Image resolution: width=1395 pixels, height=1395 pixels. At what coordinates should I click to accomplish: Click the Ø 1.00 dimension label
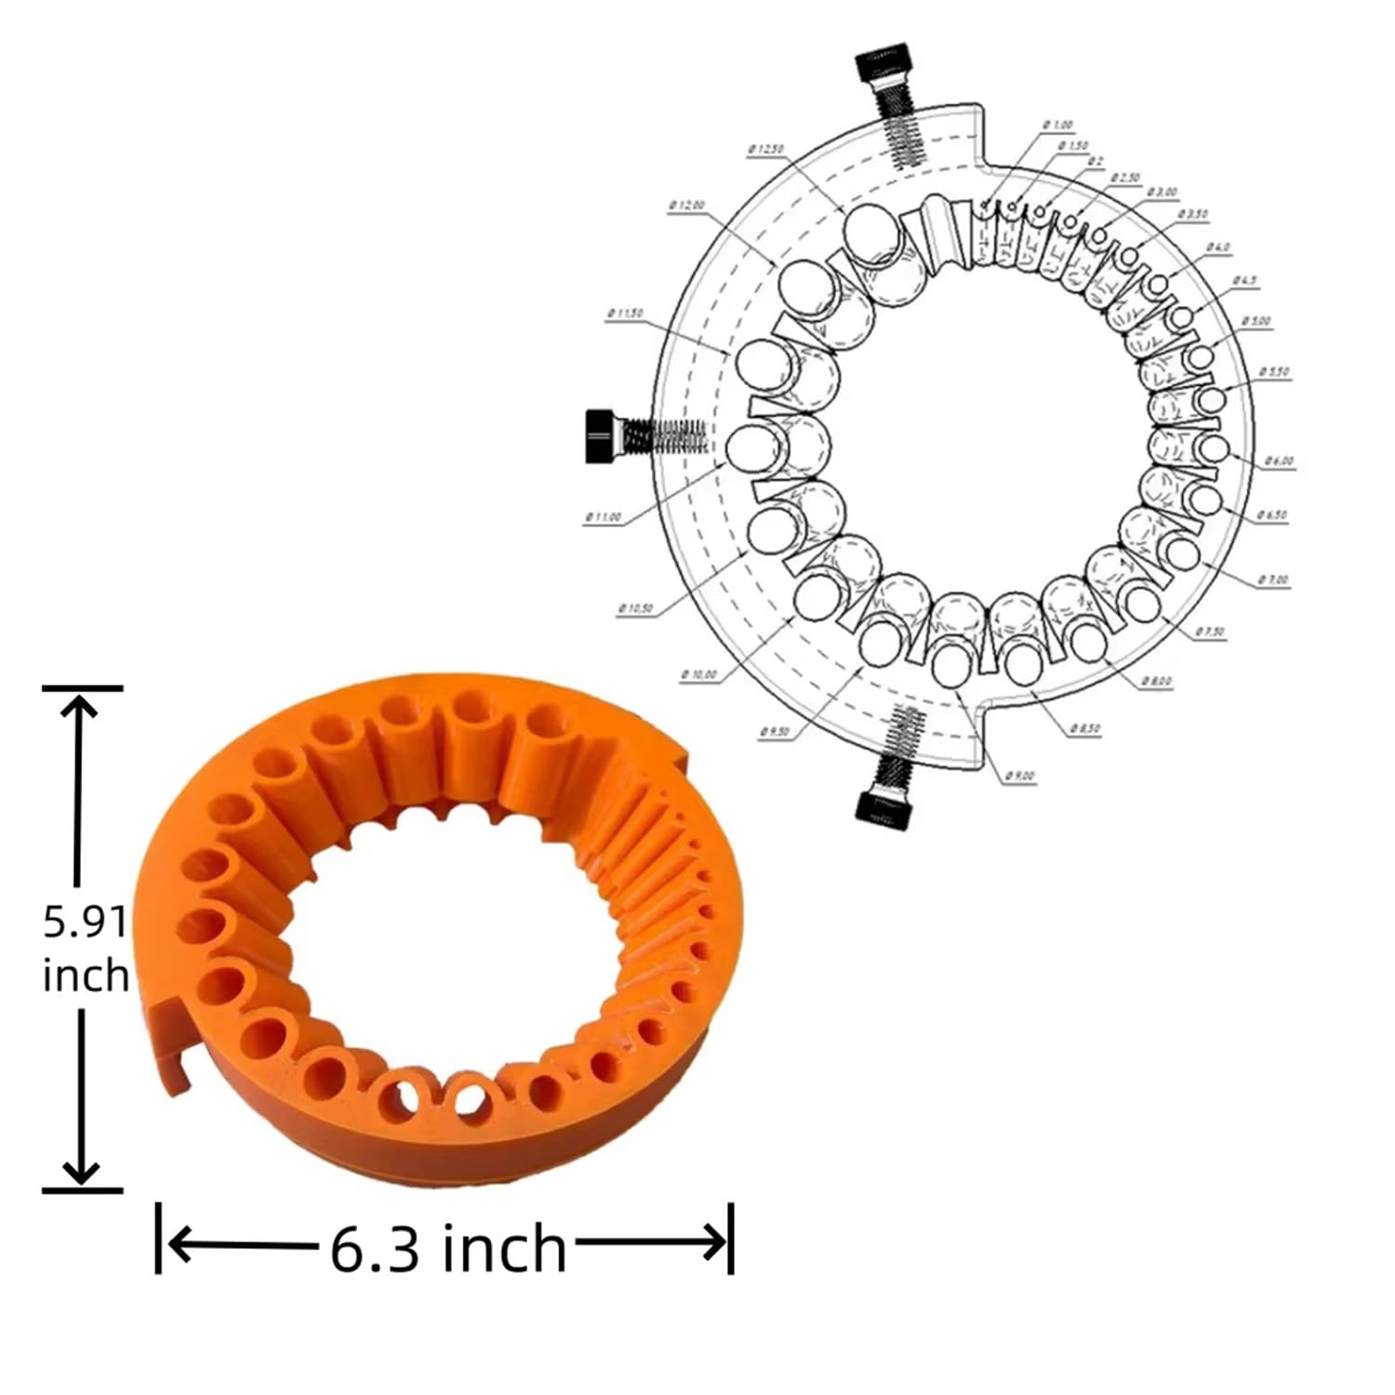[1057, 125]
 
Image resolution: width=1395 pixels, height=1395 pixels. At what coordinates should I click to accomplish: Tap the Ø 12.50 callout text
[765, 149]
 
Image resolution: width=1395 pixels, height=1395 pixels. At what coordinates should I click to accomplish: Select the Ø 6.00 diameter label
[1279, 461]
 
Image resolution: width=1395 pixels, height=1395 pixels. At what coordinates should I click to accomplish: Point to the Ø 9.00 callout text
[1019, 776]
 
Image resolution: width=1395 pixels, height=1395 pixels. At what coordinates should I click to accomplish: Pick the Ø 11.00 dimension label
[603, 517]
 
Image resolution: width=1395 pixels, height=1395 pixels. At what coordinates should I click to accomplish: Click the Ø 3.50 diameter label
[1193, 215]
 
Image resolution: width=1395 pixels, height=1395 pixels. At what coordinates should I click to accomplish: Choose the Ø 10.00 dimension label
[699, 674]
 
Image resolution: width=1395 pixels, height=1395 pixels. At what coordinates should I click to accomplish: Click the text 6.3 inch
[448, 1248]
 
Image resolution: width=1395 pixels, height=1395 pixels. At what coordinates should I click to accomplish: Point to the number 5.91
[85, 923]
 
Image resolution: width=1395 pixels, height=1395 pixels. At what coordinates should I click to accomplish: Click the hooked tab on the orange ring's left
[171, 1042]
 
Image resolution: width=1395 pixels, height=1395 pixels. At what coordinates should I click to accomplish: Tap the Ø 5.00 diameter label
[1255, 322]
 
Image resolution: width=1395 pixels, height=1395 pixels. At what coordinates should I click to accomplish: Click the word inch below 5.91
[86, 976]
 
